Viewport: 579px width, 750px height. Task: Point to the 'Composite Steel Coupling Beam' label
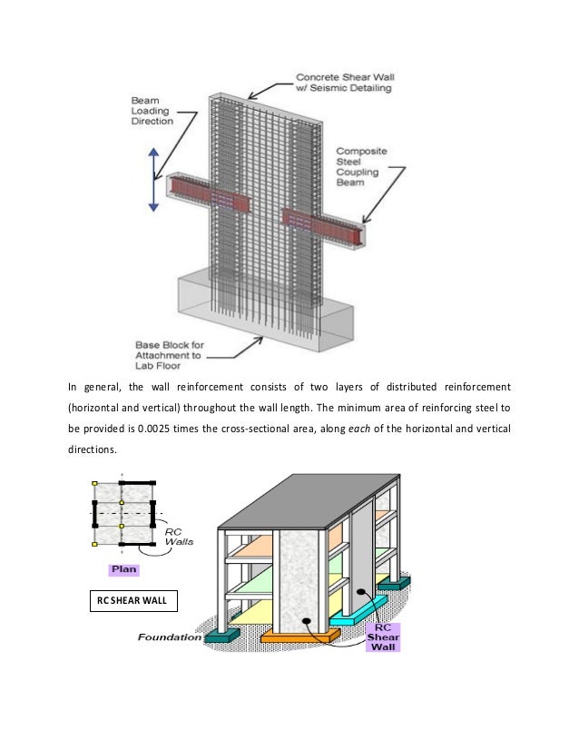pyautogui.click(x=363, y=166)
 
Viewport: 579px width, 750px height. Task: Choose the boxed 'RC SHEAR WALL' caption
pyautogui.click(x=136, y=599)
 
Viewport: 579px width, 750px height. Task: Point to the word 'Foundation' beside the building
pyautogui.click(x=170, y=637)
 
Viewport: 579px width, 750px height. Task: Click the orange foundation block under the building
pyautogui.click(x=292, y=637)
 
